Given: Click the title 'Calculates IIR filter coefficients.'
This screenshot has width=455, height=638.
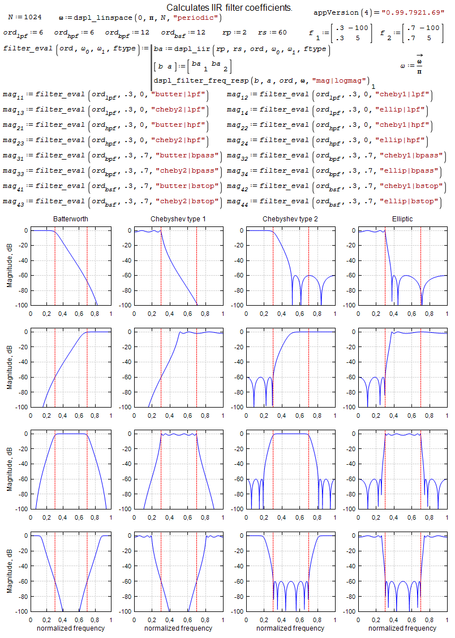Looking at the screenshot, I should coord(229,8).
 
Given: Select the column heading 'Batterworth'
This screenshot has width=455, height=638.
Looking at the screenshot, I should coord(71,219).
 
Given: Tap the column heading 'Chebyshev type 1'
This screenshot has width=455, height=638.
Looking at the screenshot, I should coord(178,219).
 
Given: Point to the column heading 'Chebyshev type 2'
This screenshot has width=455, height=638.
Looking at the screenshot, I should coord(290,219).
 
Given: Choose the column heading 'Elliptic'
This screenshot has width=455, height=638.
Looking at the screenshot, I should coord(402,219).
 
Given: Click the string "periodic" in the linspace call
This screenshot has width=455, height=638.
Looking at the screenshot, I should coord(200,18).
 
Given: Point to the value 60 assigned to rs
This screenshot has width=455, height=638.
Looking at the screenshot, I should coord(282,33).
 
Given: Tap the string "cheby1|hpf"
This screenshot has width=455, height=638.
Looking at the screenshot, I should coord(407,125).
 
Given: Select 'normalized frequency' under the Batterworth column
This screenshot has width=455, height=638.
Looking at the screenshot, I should coord(71,628).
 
